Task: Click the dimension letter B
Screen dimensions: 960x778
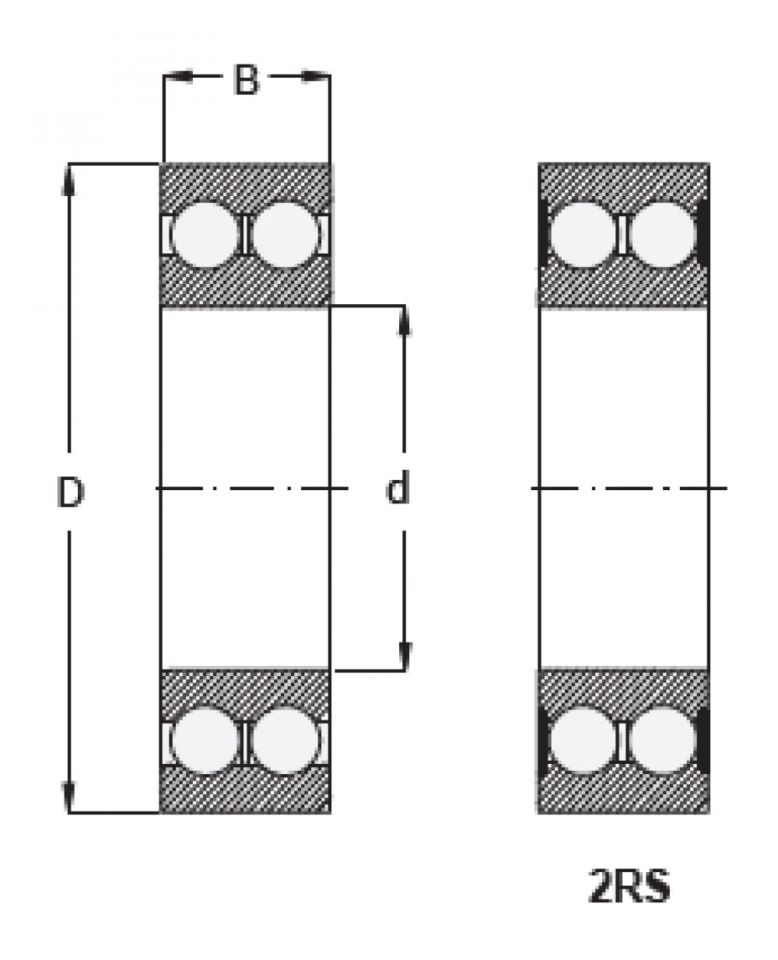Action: coord(246,79)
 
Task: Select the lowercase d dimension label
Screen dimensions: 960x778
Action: coord(398,489)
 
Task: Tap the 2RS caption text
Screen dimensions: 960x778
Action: coord(629,888)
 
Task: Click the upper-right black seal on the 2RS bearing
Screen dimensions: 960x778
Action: coord(705,233)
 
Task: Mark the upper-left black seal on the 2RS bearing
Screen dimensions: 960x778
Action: coord(542,233)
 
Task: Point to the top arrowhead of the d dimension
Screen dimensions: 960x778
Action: coord(404,321)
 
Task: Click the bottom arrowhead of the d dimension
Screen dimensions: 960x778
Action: coord(404,656)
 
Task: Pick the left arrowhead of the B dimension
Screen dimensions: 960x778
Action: coord(177,76)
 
